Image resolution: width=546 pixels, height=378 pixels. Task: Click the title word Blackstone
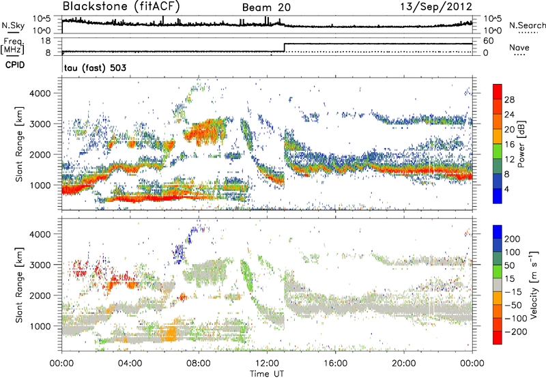[94, 8]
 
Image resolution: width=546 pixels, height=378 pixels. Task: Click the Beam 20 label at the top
[268, 8]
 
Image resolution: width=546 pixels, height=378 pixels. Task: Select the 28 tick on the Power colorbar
[509, 100]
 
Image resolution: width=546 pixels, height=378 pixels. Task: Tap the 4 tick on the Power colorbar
[507, 188]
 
